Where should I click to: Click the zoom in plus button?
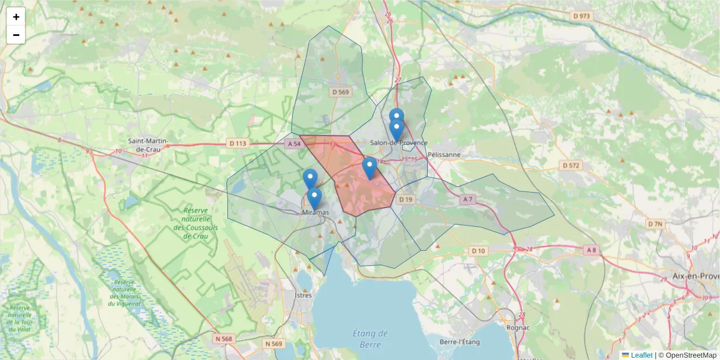pyautogui.click(x=16, y=17)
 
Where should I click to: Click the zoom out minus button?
pyautogui.click(x=16, y=35)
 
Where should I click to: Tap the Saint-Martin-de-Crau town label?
pyautogui.click(x=148, y=145)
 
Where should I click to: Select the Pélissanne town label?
pyautogui.click(x=445, y=154)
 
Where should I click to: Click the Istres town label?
pyautogui.click(x=304, y=295)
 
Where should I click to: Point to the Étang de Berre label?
pyautogui.click(x=370, y=338)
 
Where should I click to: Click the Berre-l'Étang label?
pyautogui.click(x=460, y=341)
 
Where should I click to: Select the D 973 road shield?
pyautogui.click(x=581, y=16)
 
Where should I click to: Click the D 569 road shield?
pyautogui.click(x=340, y=92)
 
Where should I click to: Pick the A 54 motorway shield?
pyautogui.click(x=293, y=143)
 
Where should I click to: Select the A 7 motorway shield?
pyautogui.click(x=468, y=199)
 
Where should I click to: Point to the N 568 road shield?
pyautogui.click(x=223, y=338)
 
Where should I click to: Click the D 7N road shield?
pyautogui.click(x=656, y=224)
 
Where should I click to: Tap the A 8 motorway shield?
pyautogui.click(x=592, y=250)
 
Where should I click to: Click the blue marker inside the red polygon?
pyautogui.click(x=370, y=168)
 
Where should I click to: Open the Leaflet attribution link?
pyautogui.click(x=641, y=355)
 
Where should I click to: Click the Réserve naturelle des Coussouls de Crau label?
pyautogui.click(x=196, y=223)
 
